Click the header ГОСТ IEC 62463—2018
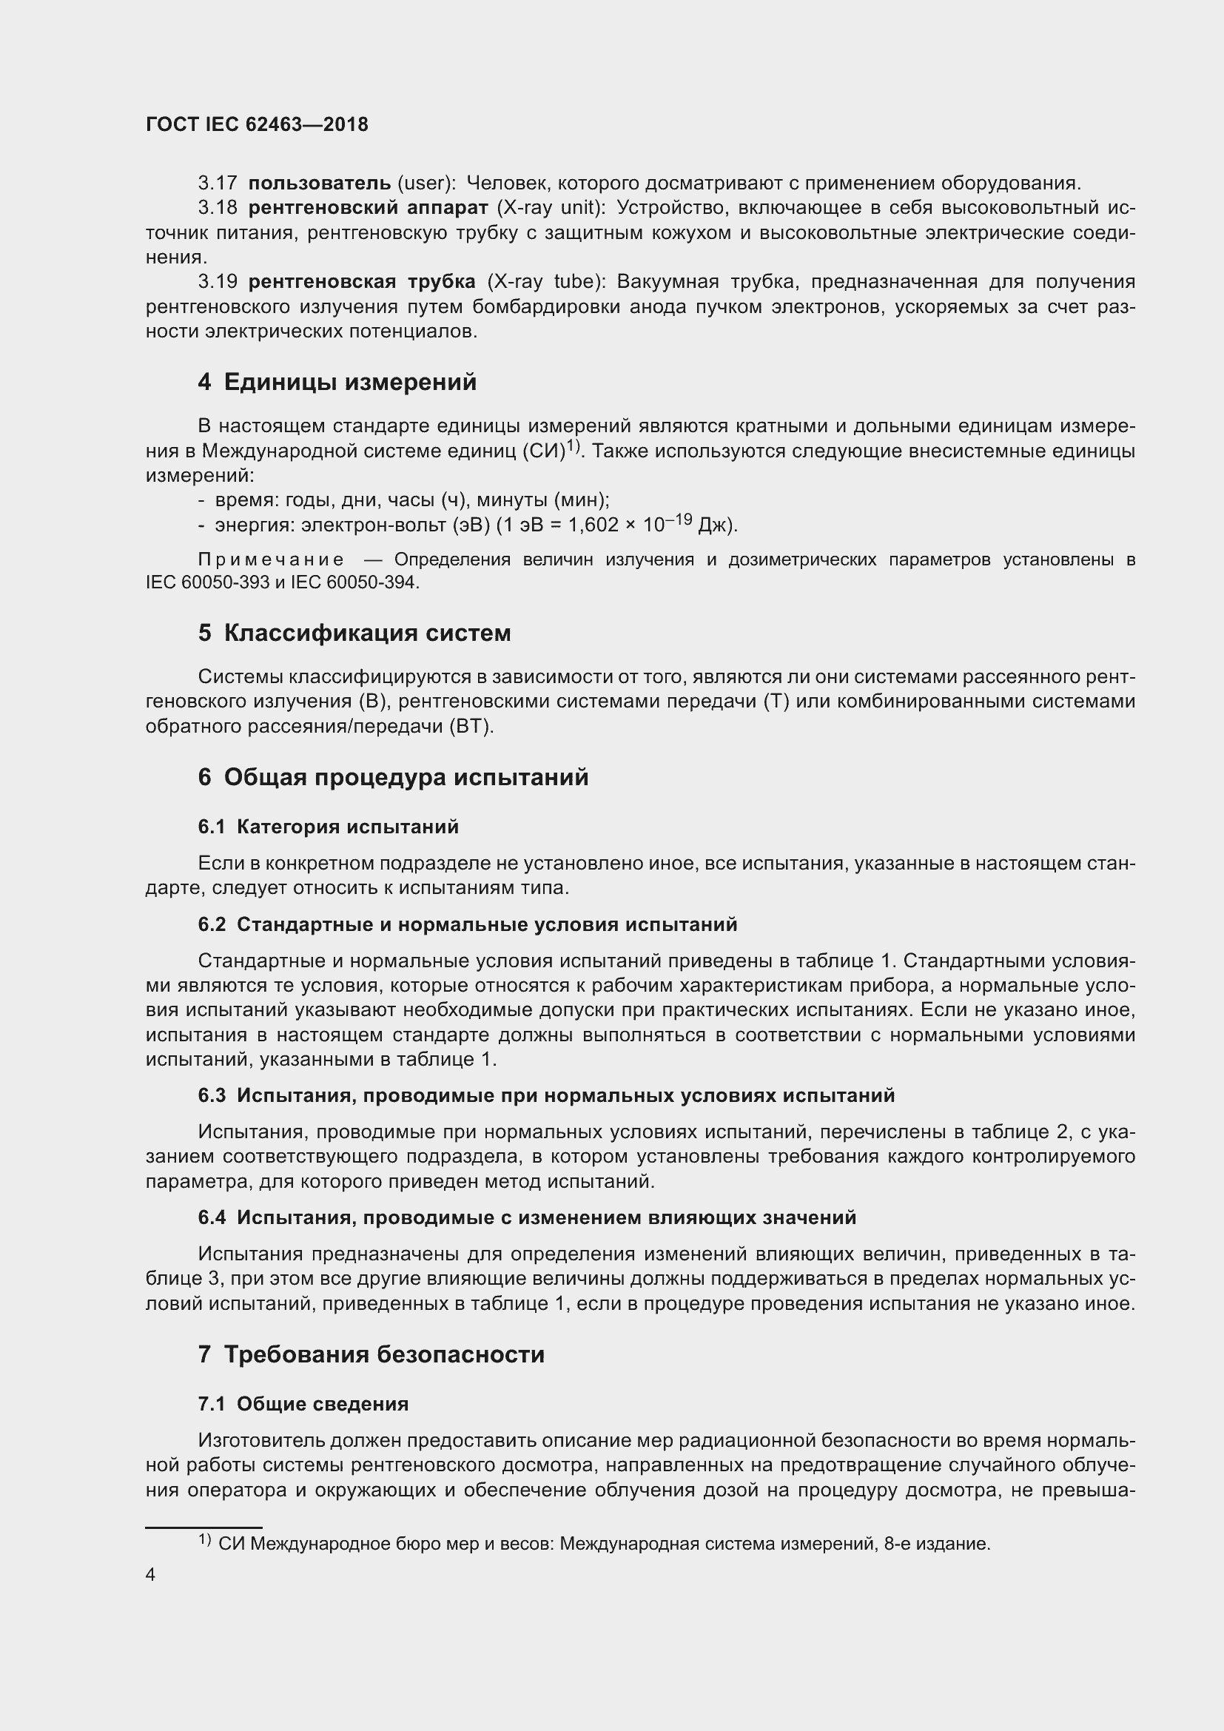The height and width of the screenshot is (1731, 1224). [x=257, y=125]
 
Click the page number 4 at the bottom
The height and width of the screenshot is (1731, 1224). [x=151, y=1575]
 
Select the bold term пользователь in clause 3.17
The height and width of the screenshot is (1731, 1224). [x=320, y=184]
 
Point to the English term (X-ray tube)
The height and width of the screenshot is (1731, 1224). [x=546, y=282]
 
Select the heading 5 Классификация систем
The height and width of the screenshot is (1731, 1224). [x=354, y=633]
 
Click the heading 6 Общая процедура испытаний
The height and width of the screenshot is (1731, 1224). [x=393, y=777]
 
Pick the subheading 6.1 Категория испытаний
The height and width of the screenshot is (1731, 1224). [x=328, y=827]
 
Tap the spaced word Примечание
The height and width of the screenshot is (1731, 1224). [x=272, y=559]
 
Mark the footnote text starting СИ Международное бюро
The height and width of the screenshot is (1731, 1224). [x=603, y=1544]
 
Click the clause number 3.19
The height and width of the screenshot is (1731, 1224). [x=217, y=282]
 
